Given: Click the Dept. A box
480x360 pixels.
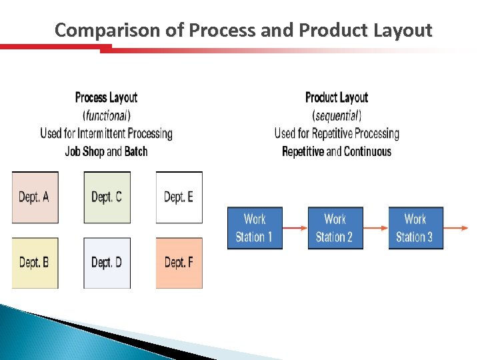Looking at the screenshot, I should pyautogui.click(x=35, y=197).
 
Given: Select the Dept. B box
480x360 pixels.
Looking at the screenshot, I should pyautogui.click(x=35, y=263).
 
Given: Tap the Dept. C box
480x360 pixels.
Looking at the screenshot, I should pyautogui.click(x=107, y=197).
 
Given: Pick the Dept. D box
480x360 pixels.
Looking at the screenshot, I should pyautogui.click(x=107, y=263).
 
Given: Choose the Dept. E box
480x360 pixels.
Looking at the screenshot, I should pyautogui.click(x=179, y=197).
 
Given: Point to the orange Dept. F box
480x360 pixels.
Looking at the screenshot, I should pyautogui.click(x=179, y=263).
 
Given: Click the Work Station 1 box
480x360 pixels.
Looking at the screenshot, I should pyautogui.click(x=255, y=228).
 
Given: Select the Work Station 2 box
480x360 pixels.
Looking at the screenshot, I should pyautogui.click(x=335, y=228).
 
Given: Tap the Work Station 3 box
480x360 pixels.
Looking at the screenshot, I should pyautogui.click(x=415, y=228).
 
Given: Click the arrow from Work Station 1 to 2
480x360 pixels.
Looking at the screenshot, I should pyautogui.click(x=295, y=228).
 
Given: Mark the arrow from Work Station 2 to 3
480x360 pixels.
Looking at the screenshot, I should pyautogui.click(x=376, y=228).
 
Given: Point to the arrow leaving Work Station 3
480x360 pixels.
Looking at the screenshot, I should pyautogui.click(x=456, y=228).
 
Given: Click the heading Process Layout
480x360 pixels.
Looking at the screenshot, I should pyautogui.click(x=107, y=98).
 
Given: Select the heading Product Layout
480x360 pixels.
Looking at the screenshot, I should pyautogui.click(x=337, y=98).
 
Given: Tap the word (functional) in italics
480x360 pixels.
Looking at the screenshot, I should pyautogui.click(x=107, y=115).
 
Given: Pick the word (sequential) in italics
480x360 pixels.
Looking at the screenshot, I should pyautogui.click(x=337, y=115).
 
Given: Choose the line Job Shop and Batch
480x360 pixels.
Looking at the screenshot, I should pyautogui.click(x=107, y=151).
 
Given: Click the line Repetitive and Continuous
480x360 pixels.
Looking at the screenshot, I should pyautogui.click(x=337, y=151).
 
